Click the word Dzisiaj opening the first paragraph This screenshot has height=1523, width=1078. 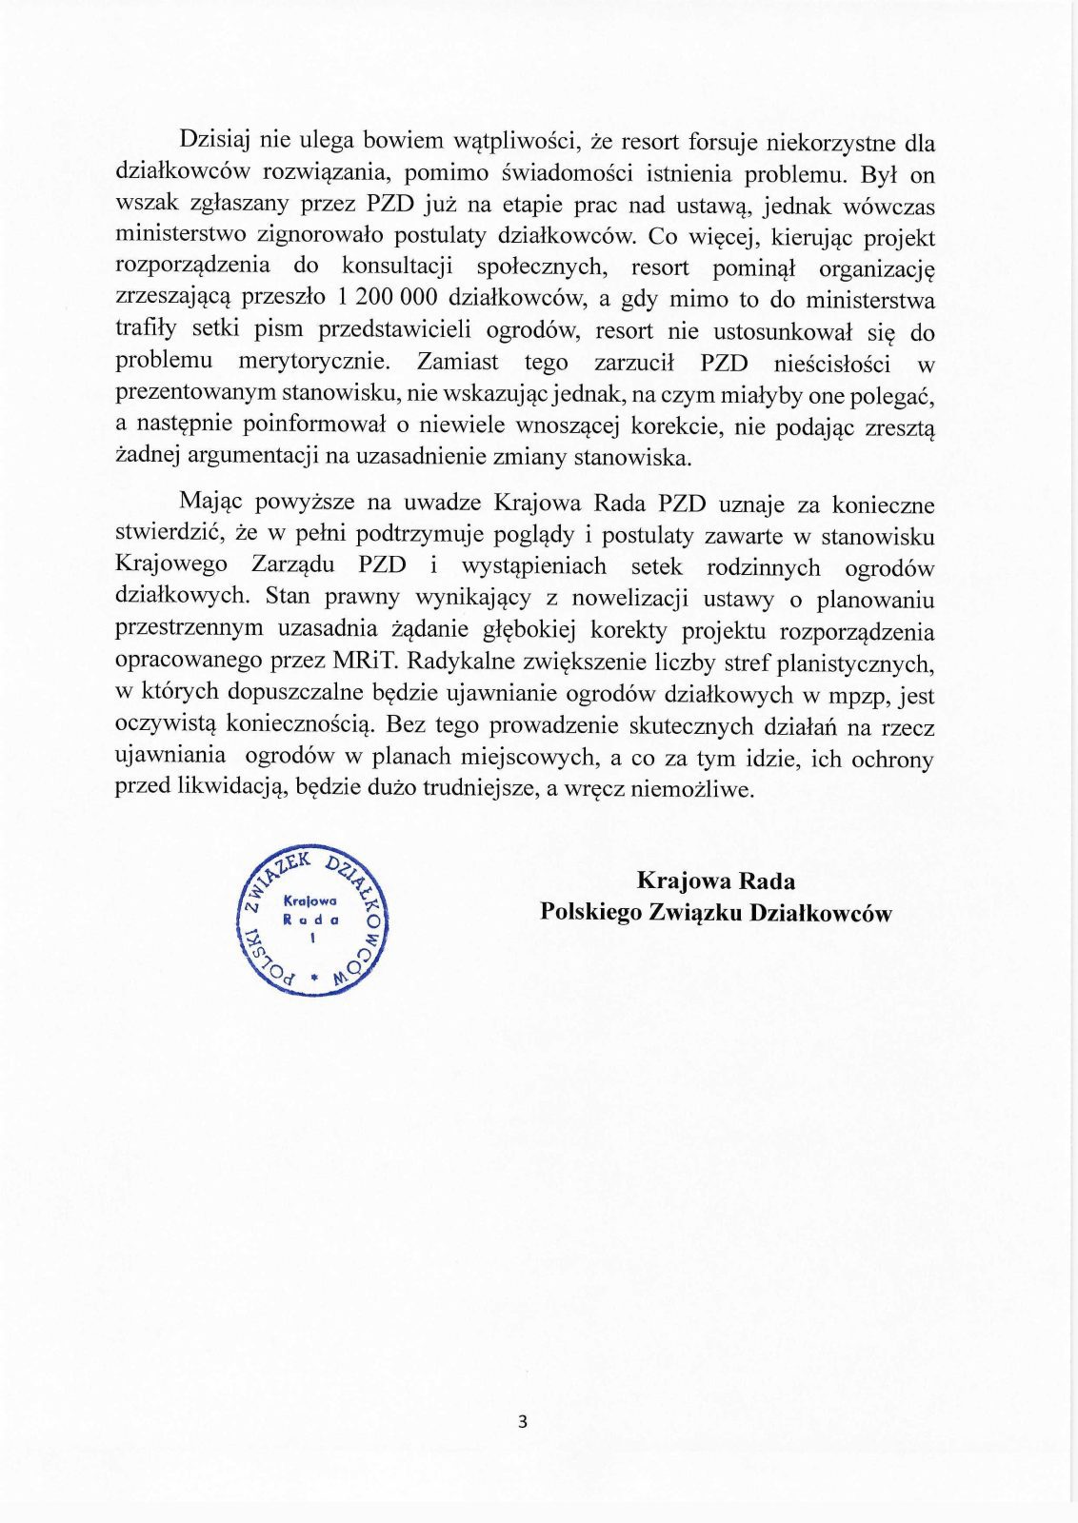pyautogui.click(x=214, y=141)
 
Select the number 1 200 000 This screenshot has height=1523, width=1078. pyautogui.click(x=388, y=298)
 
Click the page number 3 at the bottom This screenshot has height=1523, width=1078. pyautogui.click(x=522, y=1422)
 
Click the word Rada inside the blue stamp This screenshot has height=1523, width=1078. pyautogui.click(x=311, y=920)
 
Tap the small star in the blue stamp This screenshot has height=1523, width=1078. pyautogui.click(x=312, y=978)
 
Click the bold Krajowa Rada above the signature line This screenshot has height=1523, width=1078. pyautogui.click(x=715, y=880)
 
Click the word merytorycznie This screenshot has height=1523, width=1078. pyautogui.click(x=314, y=362)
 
